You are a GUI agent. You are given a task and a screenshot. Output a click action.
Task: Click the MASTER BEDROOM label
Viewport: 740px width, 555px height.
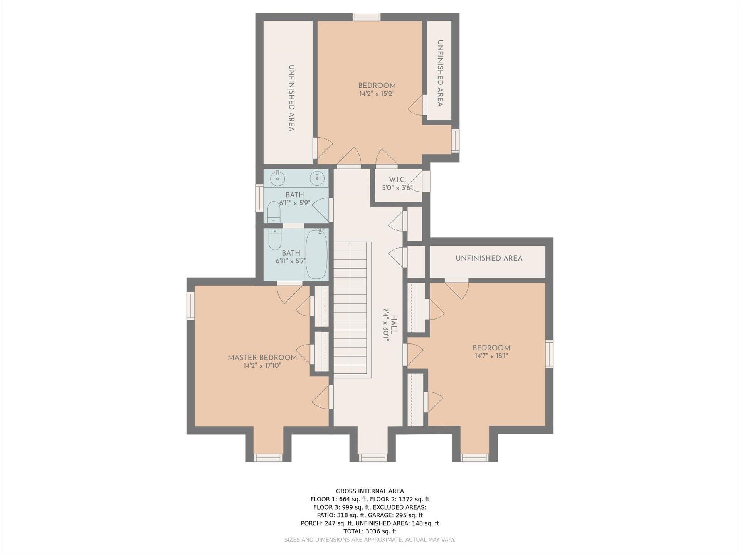coord(262,357)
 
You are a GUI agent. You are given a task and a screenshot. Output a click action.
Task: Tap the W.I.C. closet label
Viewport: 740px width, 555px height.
coord(397,180)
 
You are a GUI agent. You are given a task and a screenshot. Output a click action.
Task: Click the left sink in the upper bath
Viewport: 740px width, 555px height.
coord(277,178)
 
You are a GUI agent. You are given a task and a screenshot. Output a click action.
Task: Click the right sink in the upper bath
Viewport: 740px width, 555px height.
coord(317,178)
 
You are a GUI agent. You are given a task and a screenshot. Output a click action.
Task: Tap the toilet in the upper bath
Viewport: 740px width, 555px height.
coord(274,212)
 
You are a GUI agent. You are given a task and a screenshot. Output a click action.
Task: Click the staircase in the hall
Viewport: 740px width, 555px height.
coord(350,308)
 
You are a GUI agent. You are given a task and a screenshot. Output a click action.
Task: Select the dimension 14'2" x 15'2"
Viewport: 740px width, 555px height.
coord(377,94)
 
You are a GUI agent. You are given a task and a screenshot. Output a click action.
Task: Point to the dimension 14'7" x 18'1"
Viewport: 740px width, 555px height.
coord(491,356)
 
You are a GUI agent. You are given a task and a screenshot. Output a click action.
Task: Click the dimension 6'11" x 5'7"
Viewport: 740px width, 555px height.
coord(291,261)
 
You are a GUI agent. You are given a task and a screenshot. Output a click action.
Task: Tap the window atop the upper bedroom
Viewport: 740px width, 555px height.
coord(367,17)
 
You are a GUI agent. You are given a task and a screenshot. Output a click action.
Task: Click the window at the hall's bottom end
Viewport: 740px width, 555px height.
coord(373,457)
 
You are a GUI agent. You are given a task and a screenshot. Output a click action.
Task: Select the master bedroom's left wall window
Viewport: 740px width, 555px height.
coord(190,306)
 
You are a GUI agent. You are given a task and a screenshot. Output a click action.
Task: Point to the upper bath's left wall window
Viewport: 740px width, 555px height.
coord(259,198)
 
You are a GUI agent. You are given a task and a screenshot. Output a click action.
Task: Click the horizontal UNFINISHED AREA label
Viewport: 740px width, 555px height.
coord(489,258)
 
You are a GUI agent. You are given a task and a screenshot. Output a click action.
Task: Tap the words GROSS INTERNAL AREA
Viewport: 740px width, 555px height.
coord(370,491)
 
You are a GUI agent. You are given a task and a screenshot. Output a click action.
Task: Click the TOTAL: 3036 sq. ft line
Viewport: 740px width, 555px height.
coord(370,531)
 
